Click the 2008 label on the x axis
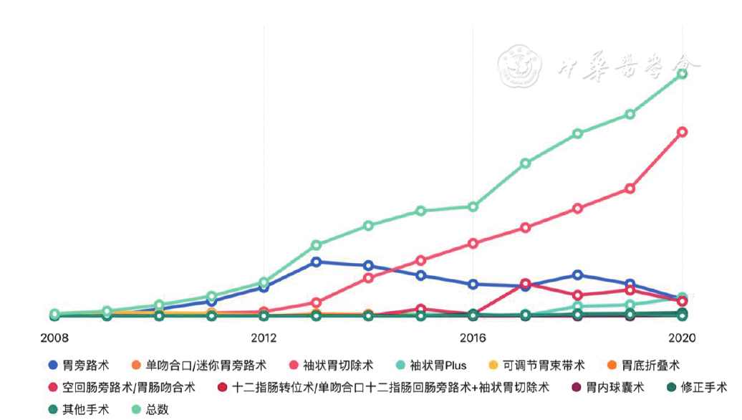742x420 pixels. [x=54, y=338]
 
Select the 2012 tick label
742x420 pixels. [x=264, y=338]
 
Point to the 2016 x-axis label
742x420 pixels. [x=473, y=338]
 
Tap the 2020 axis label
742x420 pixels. [x=682, y=338]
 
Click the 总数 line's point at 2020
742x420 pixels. [x=683, y=74]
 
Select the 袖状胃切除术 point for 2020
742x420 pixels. [x=683, y=132]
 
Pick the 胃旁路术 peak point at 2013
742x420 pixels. [x=316, y=262]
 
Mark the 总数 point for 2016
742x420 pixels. [x=473, y=207]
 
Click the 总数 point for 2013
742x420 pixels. [x=316, y=245]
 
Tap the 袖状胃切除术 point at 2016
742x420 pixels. [x=473, y=244]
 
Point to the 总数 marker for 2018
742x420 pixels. [x=577, y=133]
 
